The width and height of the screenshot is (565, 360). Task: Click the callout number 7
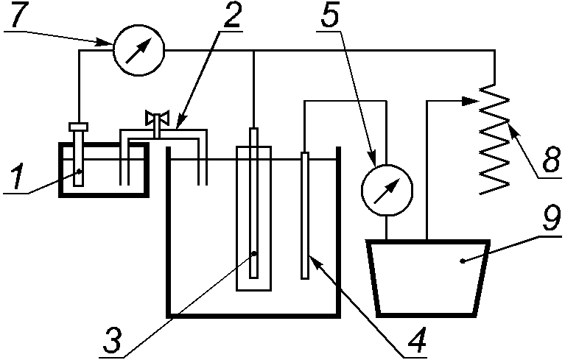click(21, 15)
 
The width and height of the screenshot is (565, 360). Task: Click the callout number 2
click(232, 15)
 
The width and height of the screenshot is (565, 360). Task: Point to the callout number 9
click(552, 218)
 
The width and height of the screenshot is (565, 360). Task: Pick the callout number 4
click(417, 340)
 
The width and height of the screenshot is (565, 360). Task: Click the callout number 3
click(113, 340)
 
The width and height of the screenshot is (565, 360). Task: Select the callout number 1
click(15, 176)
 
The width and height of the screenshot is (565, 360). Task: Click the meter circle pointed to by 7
click(139, 50)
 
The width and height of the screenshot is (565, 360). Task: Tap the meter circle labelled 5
click(387, 191)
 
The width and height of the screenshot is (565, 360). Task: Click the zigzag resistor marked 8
click(494, 139)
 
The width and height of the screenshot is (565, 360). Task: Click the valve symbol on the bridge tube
click(157, 119)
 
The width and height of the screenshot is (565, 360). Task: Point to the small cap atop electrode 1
click(78, 127)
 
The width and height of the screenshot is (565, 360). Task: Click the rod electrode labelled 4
click(305, 215)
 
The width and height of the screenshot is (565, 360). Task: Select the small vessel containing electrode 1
click(104, 170)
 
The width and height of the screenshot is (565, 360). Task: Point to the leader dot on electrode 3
click(253, 253)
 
